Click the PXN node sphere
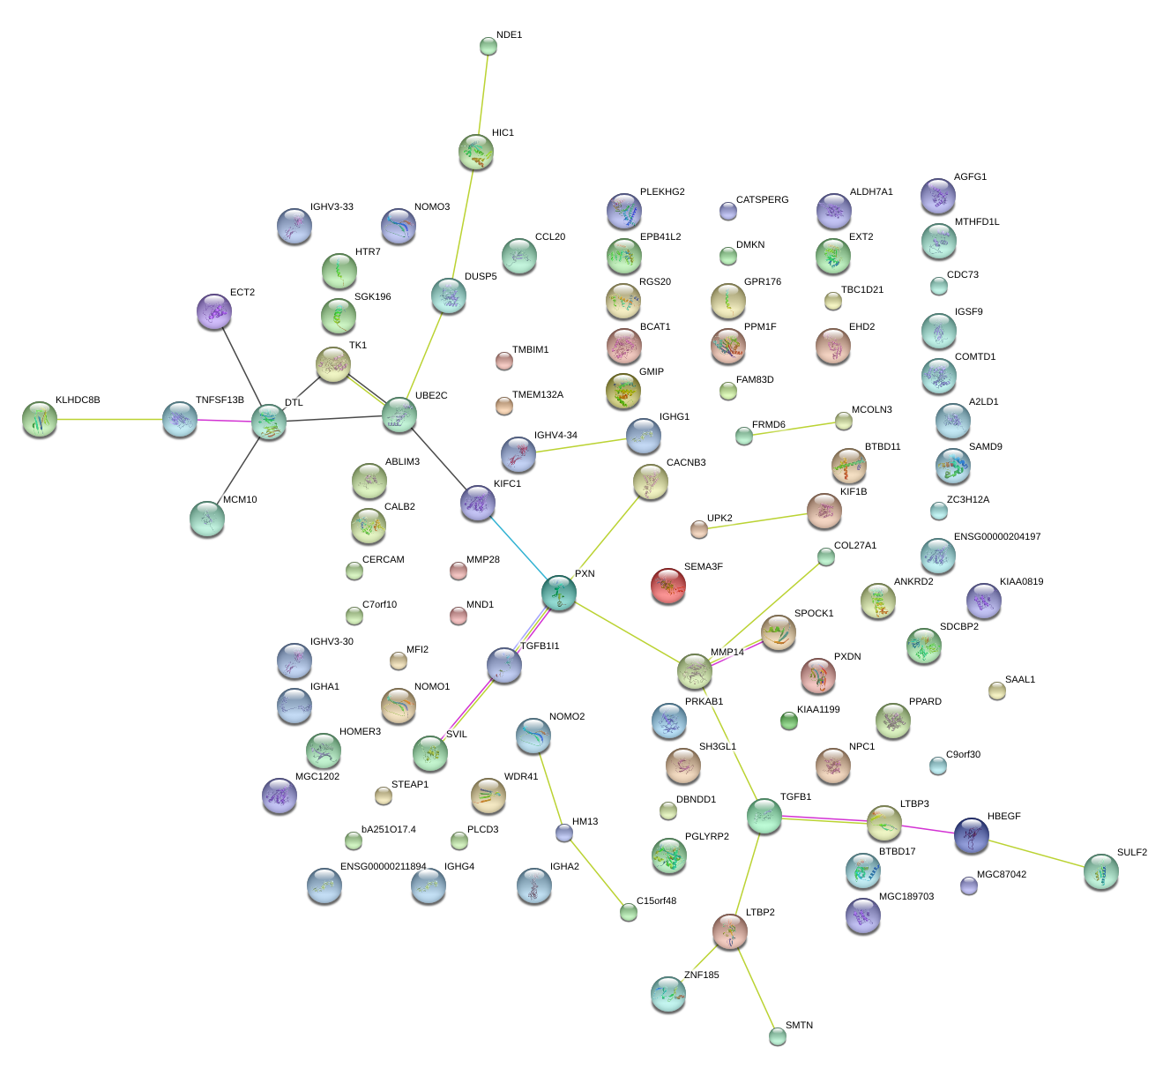point(559,593)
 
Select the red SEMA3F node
point(667,587)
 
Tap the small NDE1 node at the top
point(488,46)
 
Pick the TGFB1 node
point(764,817)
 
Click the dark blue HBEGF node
point(971,835)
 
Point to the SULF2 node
point(1100,871)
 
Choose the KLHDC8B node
point(40,419)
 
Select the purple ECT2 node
point(213,311)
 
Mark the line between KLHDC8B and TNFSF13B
point(109,419)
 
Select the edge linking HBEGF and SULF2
point(1036,853)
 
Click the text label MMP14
point(727,653)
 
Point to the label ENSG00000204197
point(997,536)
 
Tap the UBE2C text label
point(431,395)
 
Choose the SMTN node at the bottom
point(777,1036)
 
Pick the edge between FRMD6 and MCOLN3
point(794,429)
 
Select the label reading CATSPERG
point(762,199)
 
